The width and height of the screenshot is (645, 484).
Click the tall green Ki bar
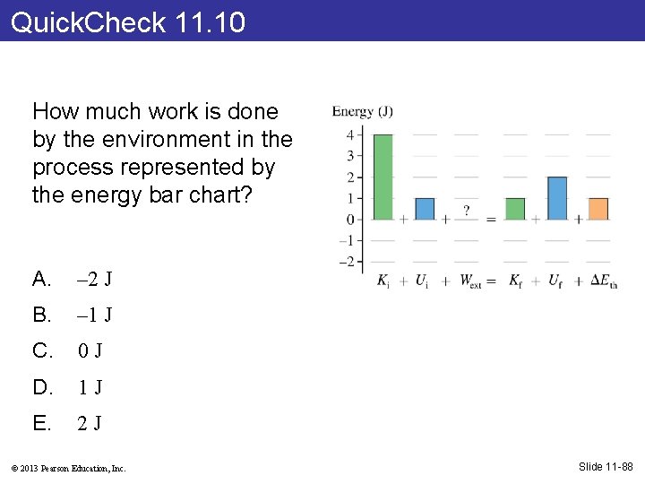tap(383, 177)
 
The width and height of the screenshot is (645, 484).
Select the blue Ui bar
tap(425, 209)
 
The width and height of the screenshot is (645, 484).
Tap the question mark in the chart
tap(466, 211)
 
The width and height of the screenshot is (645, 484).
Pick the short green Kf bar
tap(515, 209)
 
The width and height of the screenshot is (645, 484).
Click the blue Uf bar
tap(557, 198)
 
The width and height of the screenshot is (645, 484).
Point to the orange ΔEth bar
tap(598, 209)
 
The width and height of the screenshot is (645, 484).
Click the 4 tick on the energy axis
tap(350, 134)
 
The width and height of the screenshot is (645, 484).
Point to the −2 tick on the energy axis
tap(348, 262)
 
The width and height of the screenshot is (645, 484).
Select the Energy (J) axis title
tap(362, 112)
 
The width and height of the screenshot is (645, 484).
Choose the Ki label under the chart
tap(383, 281)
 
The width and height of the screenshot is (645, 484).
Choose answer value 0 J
tap(90, 350)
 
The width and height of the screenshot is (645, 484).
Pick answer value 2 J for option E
tap(90, 423)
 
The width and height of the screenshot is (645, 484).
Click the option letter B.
tap(41, 315)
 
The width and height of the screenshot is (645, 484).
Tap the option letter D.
tap(41, 387)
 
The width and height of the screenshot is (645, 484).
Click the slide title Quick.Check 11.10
tap(128, 22)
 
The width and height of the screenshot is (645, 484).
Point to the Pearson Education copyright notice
tap(70, 468)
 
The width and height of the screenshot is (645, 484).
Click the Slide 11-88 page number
tap(606, 466)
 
